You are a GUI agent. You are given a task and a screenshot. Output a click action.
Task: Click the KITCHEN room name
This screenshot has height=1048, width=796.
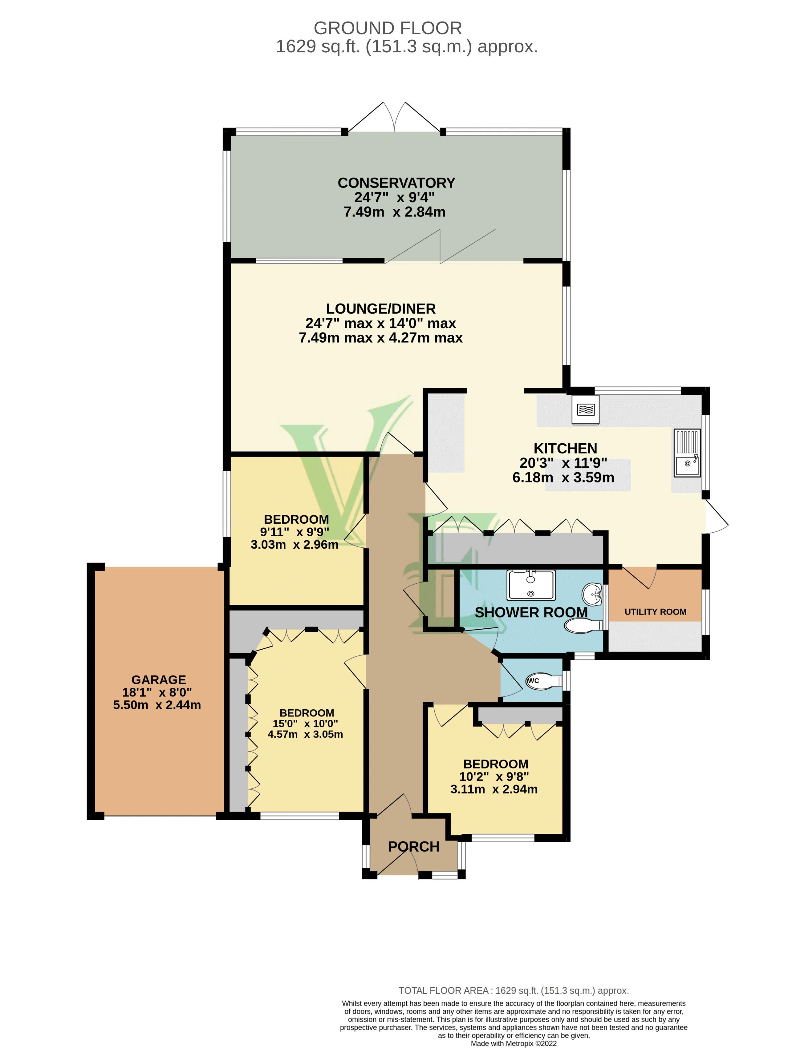pyautogui.click(x=565, y=448)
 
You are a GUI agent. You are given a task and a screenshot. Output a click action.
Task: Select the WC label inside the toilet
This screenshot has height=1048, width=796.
pyautogui.click(x=533, y=681)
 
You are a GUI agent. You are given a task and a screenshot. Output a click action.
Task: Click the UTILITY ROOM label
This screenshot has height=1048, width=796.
pyautogui.click(x=655, y=612)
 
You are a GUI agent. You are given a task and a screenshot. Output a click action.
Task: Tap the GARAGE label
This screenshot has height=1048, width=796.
pyautogui.click(x=158, y=680)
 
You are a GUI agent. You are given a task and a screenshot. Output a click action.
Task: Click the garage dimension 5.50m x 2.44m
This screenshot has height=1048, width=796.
pyautogui.click(x=157, y=705)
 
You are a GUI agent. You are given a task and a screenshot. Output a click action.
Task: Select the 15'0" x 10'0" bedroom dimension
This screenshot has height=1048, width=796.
pyautogui.click(x=305, y=724)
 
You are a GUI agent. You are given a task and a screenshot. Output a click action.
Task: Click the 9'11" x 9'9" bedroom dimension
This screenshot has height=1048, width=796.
pyautogui.click(x=294, y=532)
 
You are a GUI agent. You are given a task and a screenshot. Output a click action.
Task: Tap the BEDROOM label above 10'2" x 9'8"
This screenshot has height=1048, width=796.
pyautogui.click(x=495, y=764)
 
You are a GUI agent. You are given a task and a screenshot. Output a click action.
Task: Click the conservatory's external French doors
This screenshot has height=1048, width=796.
pyautogui.click(x=395, y=119)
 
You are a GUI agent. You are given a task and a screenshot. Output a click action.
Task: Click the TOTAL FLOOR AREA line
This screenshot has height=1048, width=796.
pyautogui.click(x=514, y=990)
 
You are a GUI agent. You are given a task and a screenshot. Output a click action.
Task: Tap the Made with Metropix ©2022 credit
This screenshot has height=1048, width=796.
pyautogui.click(x=514, y=1043)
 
